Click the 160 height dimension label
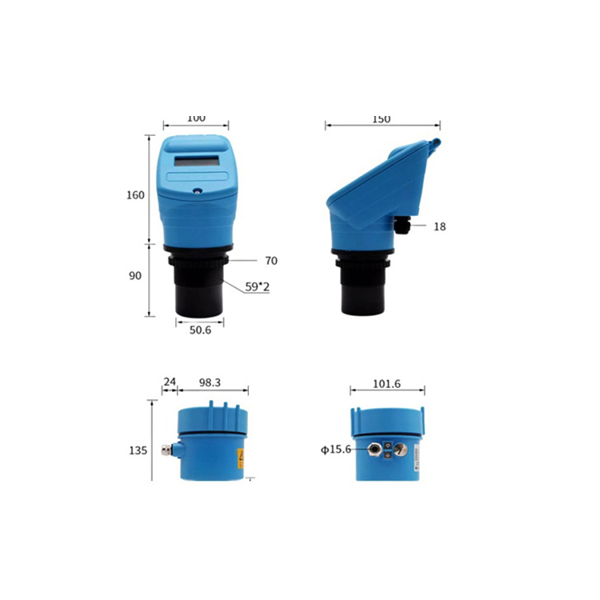tap(135, 195)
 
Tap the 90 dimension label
tap(134, 275)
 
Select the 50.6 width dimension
tap(200, 330)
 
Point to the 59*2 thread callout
tap(257, 286)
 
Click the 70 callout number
tap(271, 261)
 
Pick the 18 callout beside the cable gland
tap(440, 227)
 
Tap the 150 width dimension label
tap(381, 119)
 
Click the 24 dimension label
tap(170, 382)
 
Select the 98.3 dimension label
tap(210, 382)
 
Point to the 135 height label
tap(138, 450)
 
